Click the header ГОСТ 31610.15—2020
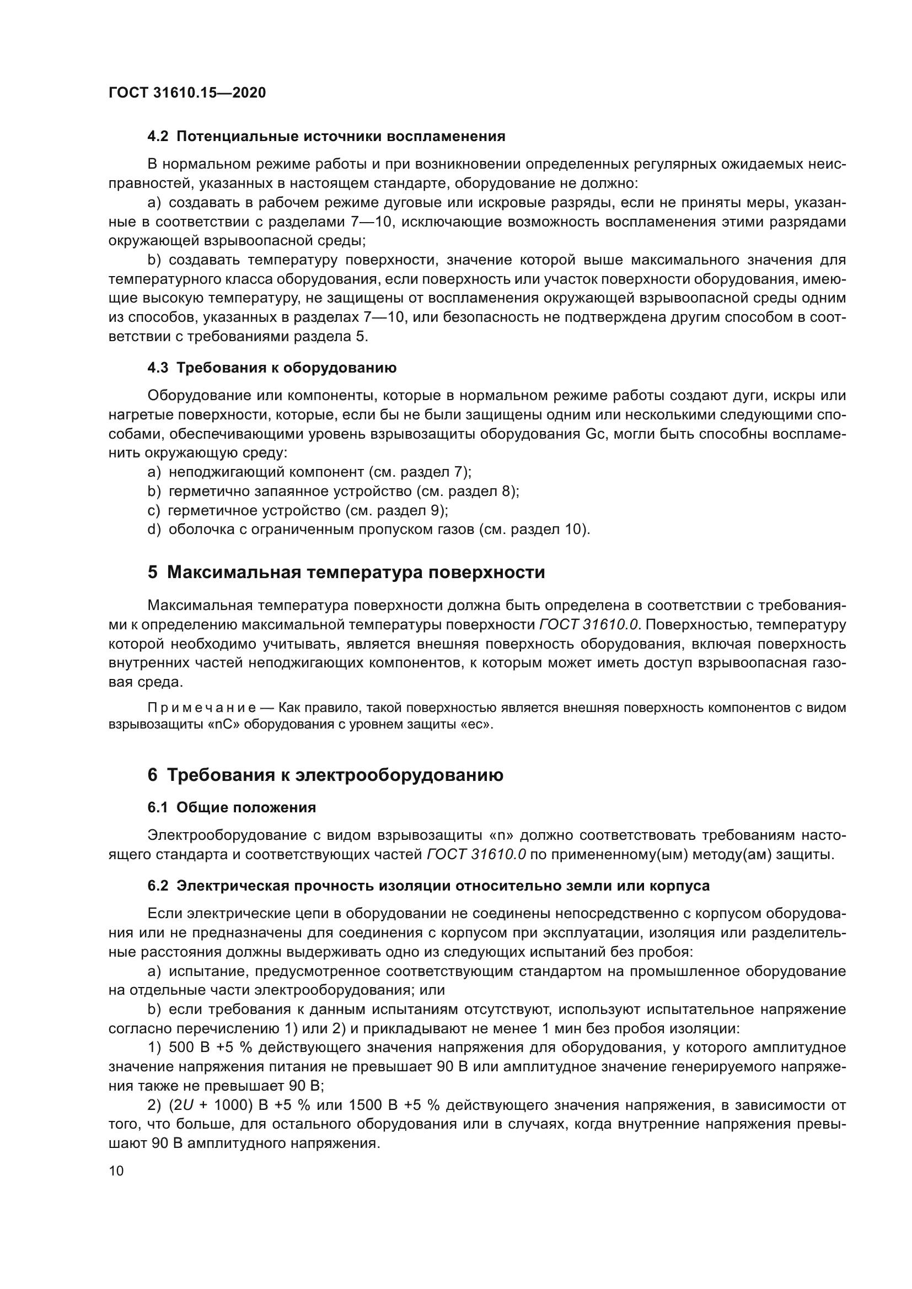187,93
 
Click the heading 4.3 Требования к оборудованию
272,368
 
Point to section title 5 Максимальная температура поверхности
346,572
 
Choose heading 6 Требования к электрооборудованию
325,775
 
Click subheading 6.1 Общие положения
232,807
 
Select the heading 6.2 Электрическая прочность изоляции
428,886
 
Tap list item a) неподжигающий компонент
309,472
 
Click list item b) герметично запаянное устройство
333,491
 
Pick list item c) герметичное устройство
298,510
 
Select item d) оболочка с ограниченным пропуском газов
368,530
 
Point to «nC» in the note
224,725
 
